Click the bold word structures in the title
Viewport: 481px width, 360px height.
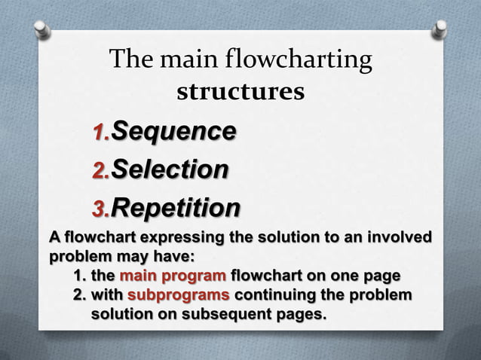click(x=240, y=92)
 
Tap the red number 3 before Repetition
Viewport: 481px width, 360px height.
click(x=98, y=209)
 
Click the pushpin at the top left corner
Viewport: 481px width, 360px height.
click(x=42, y=29)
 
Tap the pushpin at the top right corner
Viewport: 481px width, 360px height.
click(x=440, y=29)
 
